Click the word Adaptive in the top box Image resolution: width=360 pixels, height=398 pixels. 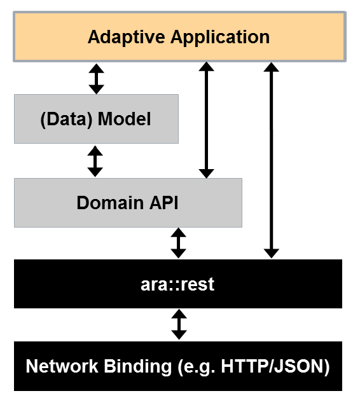coord(126,38)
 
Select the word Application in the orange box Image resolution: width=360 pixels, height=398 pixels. coord(220,38)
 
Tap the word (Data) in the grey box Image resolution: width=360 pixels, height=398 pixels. coord(66,120)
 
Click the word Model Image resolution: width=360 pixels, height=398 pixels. coord(125,119)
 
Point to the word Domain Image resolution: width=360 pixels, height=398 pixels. coord(110,203)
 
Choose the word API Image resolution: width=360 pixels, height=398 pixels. coord(163,203)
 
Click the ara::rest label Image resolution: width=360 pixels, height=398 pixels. coord(177,284)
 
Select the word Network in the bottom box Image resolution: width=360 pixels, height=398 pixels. coord(62,366)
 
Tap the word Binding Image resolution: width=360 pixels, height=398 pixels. coord(138,367)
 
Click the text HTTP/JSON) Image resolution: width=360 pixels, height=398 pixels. coord(275,367)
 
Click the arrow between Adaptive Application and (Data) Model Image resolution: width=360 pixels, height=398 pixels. coord(96,79)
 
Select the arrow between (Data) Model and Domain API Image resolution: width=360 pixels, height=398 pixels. coord(95,161)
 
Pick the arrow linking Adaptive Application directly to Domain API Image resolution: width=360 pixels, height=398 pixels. coord(207,120)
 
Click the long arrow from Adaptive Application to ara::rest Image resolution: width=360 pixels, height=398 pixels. coord(272,160)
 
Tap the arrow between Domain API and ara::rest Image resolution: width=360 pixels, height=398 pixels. coord(179,243)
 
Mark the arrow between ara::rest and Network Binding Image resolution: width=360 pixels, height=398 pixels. coord(179,324)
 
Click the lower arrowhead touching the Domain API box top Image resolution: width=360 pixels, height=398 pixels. coord(207,174)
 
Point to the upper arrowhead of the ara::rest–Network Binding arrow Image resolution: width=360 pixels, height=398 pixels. coord(179,313)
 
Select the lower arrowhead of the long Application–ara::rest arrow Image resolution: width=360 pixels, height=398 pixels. coord(272,254)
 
